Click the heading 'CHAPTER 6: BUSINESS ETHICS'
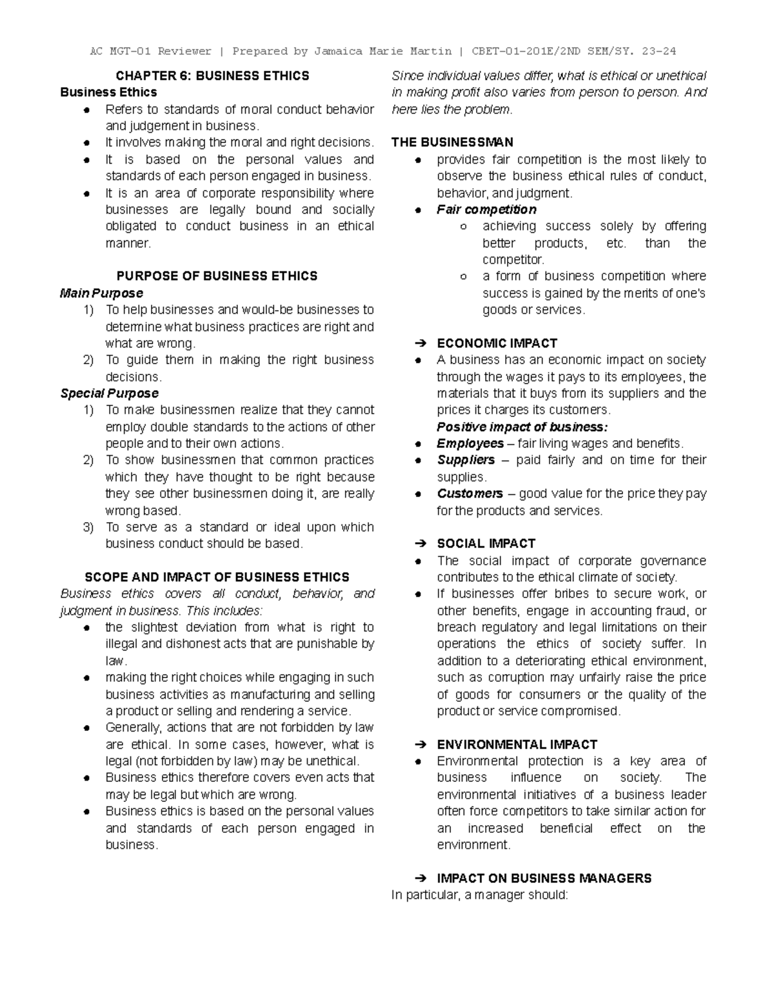coord(212,76)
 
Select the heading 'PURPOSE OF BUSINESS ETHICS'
coord(217,276)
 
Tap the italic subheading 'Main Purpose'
coord(101,293)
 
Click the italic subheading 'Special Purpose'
coord(109,393)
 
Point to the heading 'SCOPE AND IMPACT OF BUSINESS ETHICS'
coord(217,577)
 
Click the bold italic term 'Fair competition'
coord(486,209)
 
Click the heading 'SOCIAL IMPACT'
coord(486,543)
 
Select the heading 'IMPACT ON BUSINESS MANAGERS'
coord(544,878)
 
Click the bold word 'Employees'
coord(470,443)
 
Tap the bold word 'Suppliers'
coord(465,460)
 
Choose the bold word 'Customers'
coord(469,494)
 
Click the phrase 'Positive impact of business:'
coord(522,427)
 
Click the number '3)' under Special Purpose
coord(88,527)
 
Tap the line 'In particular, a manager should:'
coord(479,895)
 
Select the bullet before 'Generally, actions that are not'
coord(86,728)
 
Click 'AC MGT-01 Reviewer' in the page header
coord(151,51)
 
